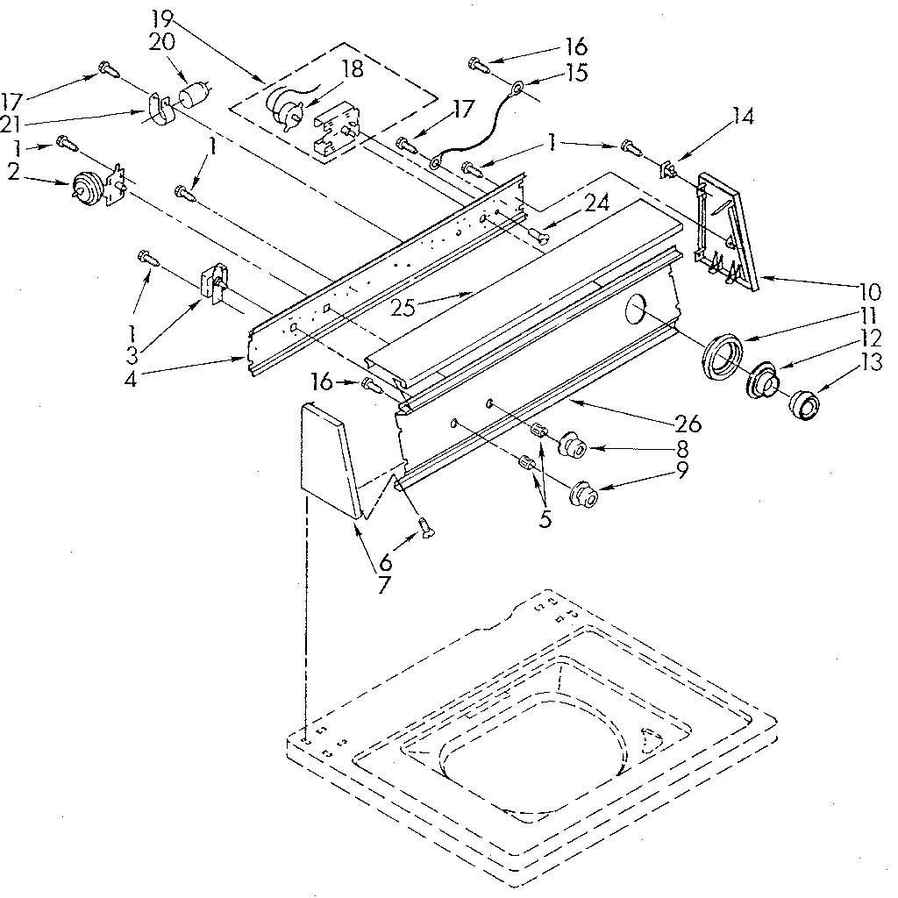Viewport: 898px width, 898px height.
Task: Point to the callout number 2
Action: click(13, 171)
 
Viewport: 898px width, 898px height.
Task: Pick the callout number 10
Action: click(871, 290)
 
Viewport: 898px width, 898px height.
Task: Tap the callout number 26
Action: click(689, 424)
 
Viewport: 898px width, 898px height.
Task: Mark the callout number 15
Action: click(577, 73)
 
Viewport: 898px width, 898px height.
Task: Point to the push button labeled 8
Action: click(575, 445)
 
